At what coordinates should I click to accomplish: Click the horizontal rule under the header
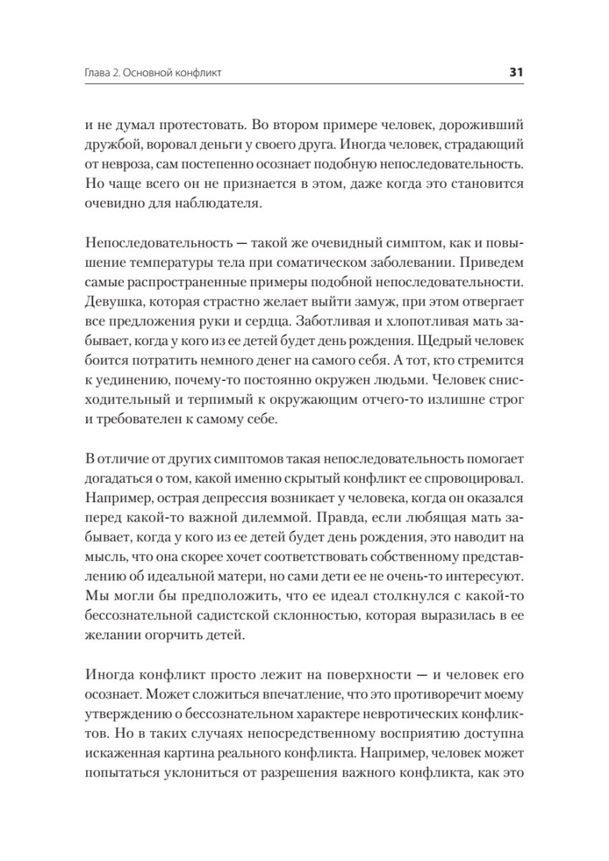click(x=304, y=85)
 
